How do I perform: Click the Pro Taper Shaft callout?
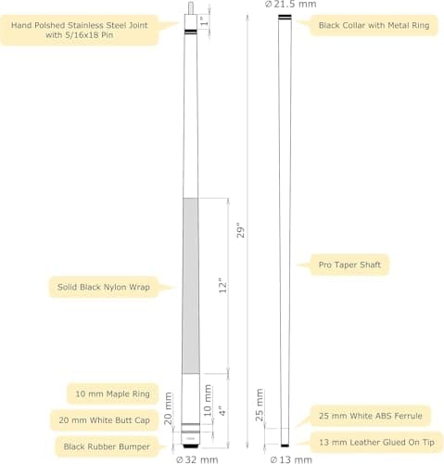coord(349,264)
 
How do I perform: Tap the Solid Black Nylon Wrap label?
coord(104,287)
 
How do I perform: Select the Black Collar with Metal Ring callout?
coord(374,25)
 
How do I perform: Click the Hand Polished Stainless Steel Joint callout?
coord(80,30)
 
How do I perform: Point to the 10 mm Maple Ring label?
coord(112,393)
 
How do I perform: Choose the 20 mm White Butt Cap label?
coord(104,420)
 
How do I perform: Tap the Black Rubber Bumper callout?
coord(107,446)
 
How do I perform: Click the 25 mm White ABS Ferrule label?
coord(371,416)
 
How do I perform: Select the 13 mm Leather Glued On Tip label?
coord(376,442)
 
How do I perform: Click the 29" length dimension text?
coord(241,230)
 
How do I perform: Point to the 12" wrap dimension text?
coord(222,286)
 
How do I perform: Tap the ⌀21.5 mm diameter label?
coord(291,5)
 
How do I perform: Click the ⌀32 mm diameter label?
coord(197,459)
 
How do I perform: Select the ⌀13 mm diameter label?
coord(291,459)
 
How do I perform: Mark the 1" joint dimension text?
coord(204,21)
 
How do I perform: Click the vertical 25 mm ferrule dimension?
coord(260,405)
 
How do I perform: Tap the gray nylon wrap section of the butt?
coord(191,286)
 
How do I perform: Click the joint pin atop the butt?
coord(191,7)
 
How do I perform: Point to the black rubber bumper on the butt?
coord(190,446)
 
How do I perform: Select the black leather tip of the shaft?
coord(285,445)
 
